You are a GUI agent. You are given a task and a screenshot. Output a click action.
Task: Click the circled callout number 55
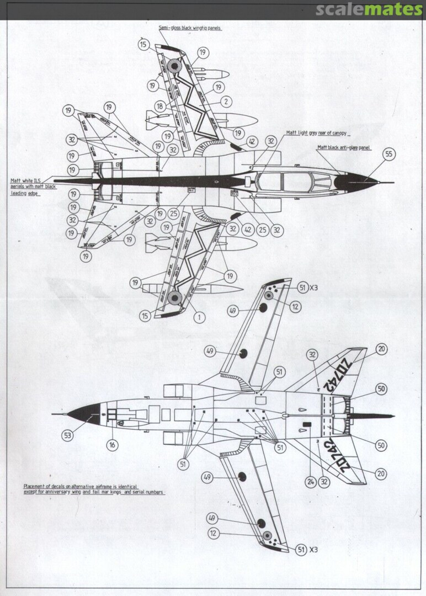coord(389,154)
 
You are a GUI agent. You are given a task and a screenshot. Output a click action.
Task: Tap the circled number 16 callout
coord(113,444)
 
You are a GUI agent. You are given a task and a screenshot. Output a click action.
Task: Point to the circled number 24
coord(311,482)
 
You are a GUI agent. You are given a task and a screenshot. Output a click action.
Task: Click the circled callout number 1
coord(199,317)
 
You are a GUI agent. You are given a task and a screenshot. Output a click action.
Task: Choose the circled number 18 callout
coord(160,106)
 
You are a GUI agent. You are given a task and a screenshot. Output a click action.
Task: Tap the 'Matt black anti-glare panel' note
coord(344,148)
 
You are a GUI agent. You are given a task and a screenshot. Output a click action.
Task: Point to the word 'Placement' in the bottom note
coord(35,486)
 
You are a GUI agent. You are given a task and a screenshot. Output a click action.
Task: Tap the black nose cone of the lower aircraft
coord(86,414)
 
